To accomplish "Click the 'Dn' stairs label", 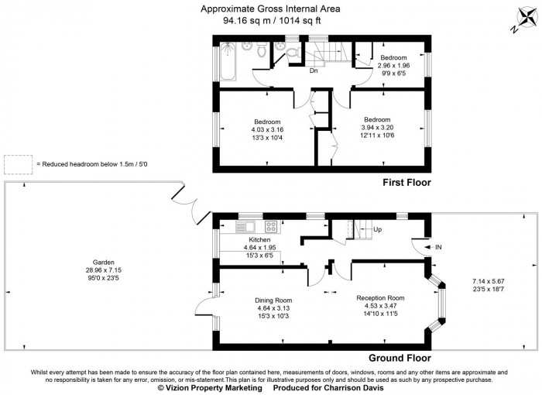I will coord(314,71).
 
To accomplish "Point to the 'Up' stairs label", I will coord(377,230).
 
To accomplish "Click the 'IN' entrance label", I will coord(440,247).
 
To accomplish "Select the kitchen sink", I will coord(241,227).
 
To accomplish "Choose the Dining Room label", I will coord(274,301).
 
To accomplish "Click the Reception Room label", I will coord(380,297).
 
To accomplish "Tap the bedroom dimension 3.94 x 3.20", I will coord(377,128).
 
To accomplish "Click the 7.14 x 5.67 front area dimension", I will coord(489,280).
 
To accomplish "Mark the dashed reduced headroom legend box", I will coord(15,164).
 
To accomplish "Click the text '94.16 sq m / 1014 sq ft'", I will coord(270,22).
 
